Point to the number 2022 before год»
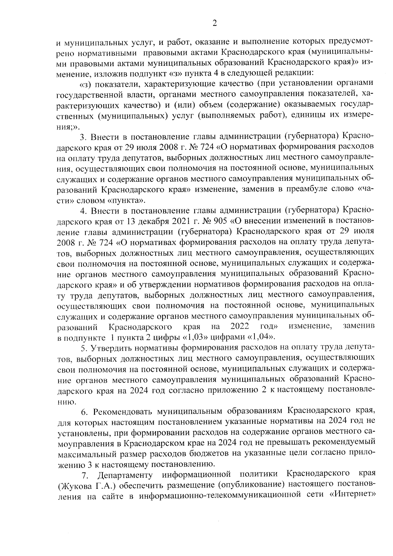pos(240,326)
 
